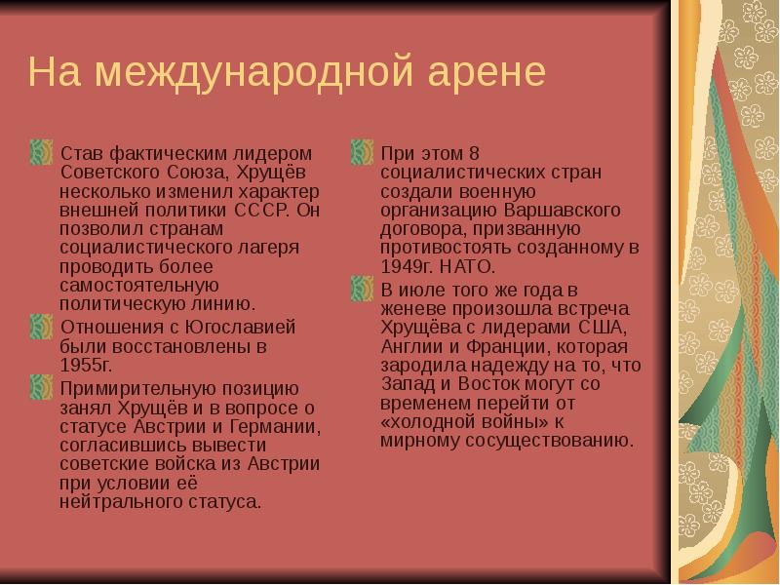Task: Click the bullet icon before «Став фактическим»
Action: [41, 153]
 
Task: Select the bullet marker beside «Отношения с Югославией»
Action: [41, 327]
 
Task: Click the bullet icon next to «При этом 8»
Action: [363, 153]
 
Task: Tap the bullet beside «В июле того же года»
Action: [363, 289]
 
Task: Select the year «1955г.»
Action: [86, 365]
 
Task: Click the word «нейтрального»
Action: [116, 503]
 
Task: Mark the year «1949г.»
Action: [407, 265]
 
